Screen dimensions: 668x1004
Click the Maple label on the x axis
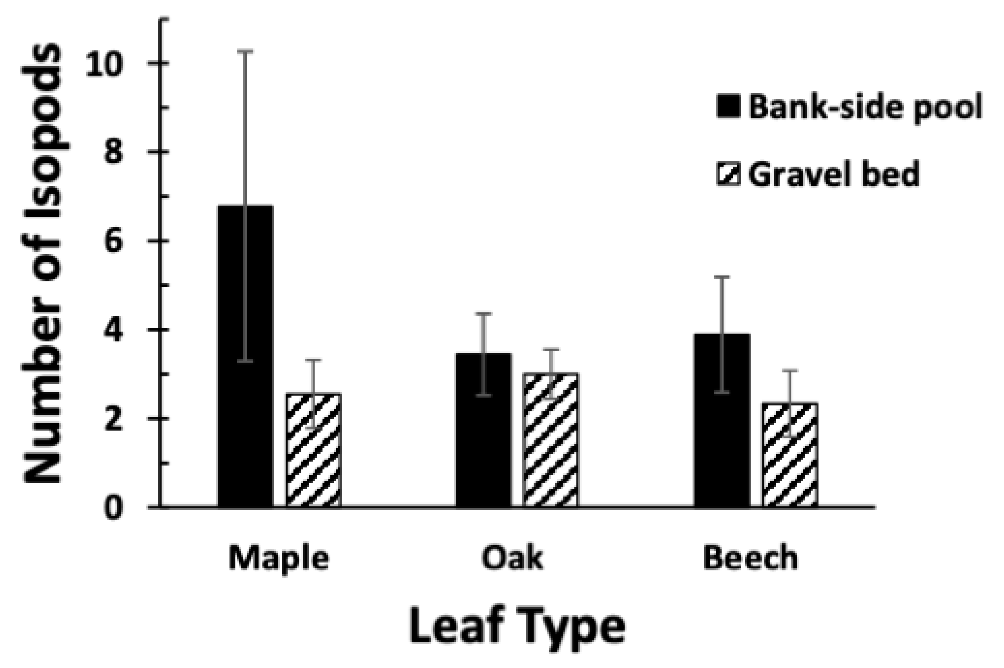pos(279,558)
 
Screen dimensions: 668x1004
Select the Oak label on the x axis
pos(512,558)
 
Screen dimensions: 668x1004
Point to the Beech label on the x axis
pos(750,558)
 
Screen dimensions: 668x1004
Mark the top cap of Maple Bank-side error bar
pos(245,51)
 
